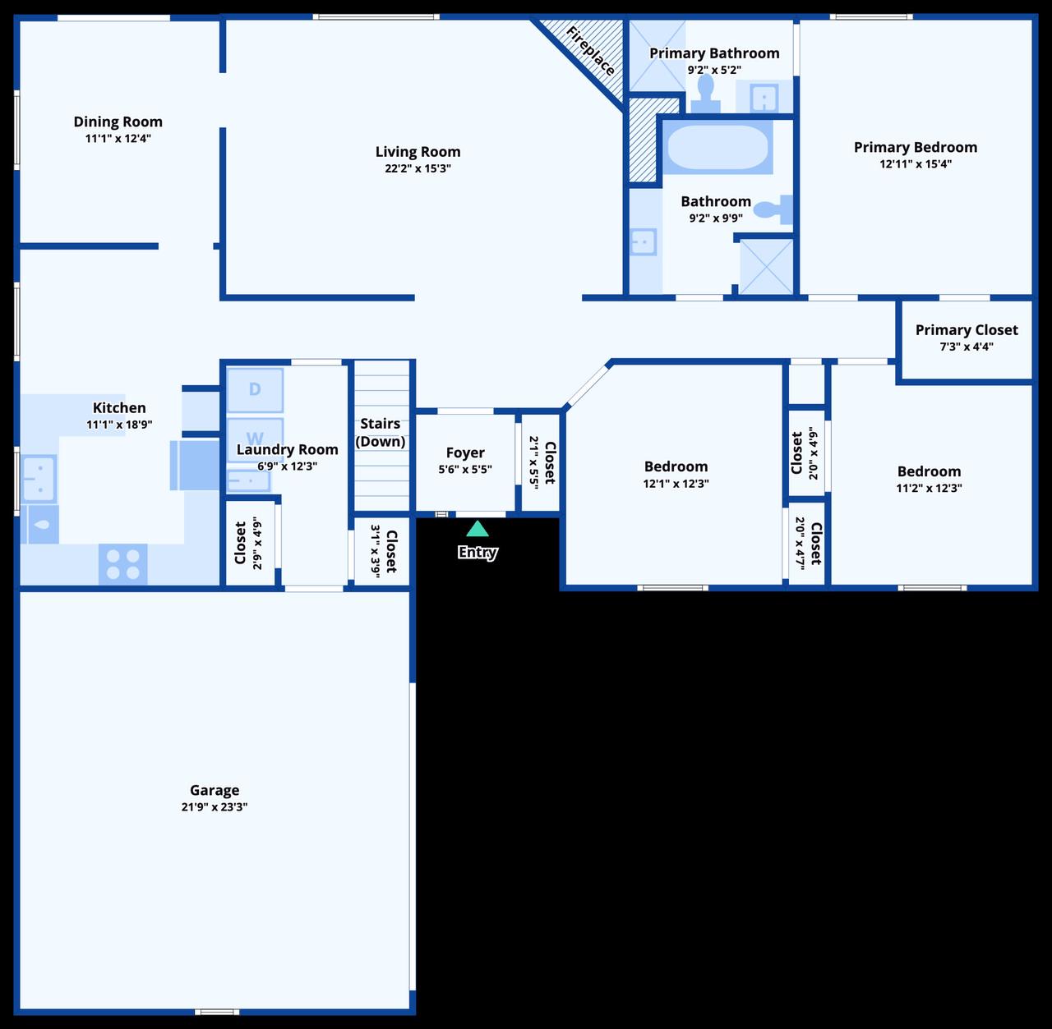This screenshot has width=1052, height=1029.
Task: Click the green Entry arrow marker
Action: [478, 529]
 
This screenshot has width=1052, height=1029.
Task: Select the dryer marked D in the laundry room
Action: [255, 389]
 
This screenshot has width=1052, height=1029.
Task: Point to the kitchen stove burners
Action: [123, 564]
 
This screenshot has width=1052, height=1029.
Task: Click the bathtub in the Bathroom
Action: [717, 147]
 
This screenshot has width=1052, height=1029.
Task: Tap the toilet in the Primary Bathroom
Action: [705, 93]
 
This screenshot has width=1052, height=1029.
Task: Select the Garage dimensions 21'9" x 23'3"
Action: [215, 807]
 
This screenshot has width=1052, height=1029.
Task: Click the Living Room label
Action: [418, 152]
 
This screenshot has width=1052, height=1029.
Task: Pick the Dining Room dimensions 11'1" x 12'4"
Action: [118, 139]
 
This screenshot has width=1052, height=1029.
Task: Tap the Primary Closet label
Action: [967, 330]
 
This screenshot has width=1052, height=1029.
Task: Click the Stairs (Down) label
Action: [381, 433]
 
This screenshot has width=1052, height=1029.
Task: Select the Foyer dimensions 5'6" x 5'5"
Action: [465, 470]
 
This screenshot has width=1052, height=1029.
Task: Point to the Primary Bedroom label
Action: [916, 148]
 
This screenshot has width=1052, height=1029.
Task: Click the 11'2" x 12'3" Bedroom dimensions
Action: [929, 488]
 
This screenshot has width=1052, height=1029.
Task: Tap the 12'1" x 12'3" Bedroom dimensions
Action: [676, 484]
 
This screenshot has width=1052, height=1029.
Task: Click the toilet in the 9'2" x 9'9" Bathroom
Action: [773, 210]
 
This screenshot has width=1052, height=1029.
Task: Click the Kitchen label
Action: [119, 408]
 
